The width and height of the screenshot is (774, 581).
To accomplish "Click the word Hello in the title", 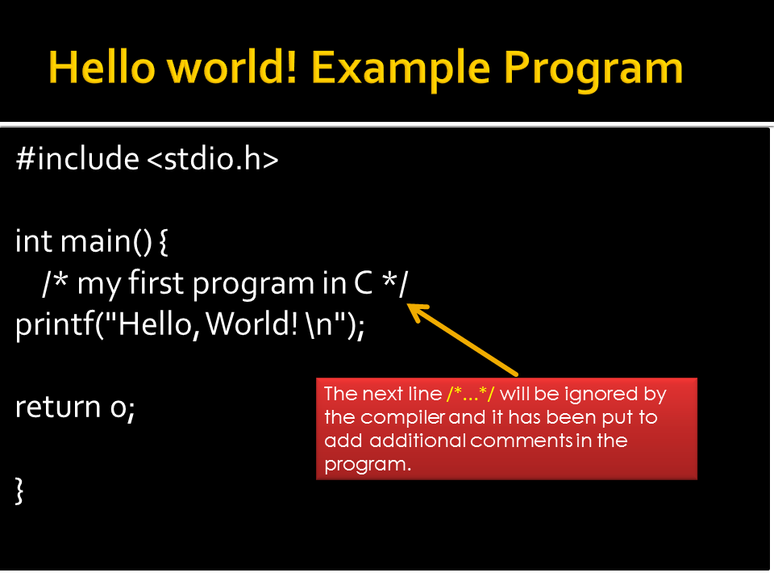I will coord(102,68).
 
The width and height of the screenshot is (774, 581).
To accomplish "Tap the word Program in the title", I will coord(593,69).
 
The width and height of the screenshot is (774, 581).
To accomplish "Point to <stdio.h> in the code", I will coord(212,159).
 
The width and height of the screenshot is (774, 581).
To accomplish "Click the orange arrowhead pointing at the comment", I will coord(415,311).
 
